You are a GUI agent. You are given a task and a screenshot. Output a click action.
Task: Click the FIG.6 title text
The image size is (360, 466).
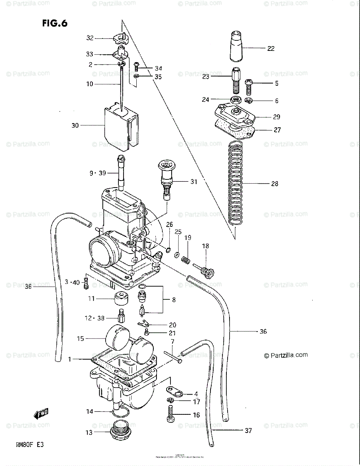[54, 23]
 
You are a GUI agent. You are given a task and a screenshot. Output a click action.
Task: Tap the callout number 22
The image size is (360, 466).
[271, 49]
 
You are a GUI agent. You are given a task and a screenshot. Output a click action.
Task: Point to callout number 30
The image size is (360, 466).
[75, 125]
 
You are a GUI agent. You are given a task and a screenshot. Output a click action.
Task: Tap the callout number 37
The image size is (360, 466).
[248, 430]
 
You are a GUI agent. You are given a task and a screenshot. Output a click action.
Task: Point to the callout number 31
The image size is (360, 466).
[193, 181]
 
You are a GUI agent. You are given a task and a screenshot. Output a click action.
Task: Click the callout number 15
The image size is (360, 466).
[80, 339]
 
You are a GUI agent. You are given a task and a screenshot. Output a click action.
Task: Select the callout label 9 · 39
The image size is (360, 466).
[97, 174]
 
